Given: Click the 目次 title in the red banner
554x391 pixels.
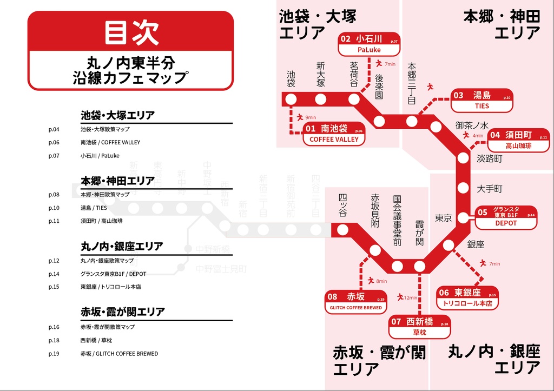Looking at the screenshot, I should (x=130, y=32).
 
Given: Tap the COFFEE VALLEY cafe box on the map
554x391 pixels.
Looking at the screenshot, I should (x=334, y=139).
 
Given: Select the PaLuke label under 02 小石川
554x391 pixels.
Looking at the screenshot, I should (x=369, y=50).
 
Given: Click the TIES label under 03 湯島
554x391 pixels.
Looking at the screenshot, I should (x=482, y=106).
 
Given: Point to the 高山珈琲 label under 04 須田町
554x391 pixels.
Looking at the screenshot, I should (x=518, y=146).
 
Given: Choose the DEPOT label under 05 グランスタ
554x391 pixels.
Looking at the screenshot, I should (x=506, y=223).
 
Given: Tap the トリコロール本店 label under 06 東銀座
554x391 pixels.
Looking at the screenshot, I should (x=467, y=304).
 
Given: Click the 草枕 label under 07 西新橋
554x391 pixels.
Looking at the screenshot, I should (x=419, y=332).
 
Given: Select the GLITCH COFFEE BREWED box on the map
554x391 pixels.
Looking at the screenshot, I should (x=355, y=308).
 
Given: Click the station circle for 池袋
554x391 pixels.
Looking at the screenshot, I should (x=291, y=100).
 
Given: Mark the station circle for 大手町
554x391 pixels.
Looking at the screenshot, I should (x=463, y=189).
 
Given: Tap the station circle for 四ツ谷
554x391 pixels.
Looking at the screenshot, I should (x=342, y=230).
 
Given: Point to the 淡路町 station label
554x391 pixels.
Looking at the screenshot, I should (x=489, y=158).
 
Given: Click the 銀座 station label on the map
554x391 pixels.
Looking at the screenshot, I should (x=476, y=244).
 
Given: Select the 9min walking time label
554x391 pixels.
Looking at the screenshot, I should (x=311, y=117).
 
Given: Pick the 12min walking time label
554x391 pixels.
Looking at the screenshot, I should (x=410, y=297).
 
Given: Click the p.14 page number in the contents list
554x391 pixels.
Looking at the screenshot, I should (x=54, y=274).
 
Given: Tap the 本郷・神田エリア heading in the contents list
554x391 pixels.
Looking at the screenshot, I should (x=117, y=181).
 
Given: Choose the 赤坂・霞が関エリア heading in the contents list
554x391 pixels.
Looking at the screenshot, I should (x=122, y=312).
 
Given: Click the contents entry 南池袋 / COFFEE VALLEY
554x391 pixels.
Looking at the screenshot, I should (x=110, y=142).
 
